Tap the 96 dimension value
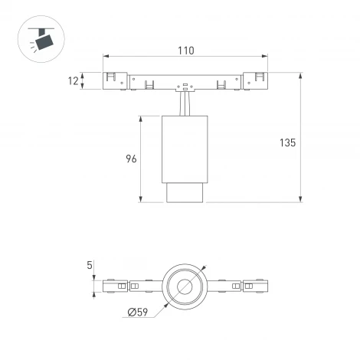(x=130, y=159)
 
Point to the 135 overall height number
(x=287, y=143)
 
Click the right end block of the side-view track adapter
(x=254, y=80)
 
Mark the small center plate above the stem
(x=185, y=87)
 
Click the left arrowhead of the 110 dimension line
(x=106, y=57)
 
